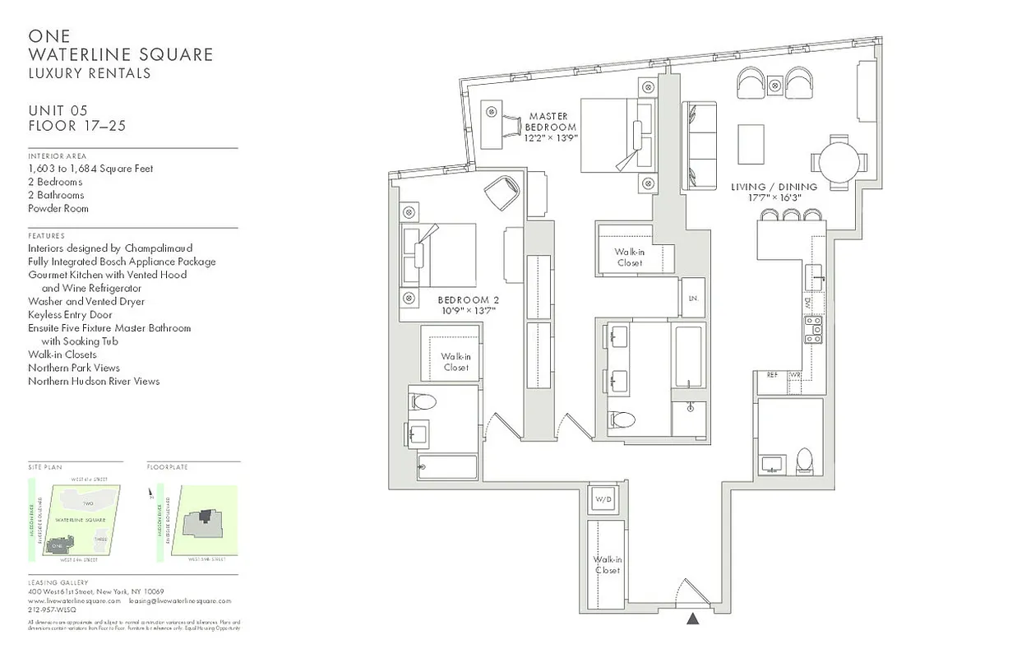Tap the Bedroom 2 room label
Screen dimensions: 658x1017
[x=468, y=305]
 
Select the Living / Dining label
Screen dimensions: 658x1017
[x=774, y=192]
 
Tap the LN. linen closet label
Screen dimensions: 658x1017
[x=692, y=299]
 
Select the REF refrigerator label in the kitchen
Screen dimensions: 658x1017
[x=772, y=375]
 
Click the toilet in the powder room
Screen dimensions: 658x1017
[x=805, y=461]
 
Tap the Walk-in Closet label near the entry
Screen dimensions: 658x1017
[x=607, y=564]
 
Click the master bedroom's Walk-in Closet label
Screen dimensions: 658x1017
[x=628, y=257]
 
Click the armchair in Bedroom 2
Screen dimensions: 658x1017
[x=502, y=194]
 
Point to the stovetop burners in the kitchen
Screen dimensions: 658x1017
[x=813, y=332]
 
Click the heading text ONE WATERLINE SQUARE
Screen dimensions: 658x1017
[x=120, y=46]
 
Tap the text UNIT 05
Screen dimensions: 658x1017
[x=58, y=111]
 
